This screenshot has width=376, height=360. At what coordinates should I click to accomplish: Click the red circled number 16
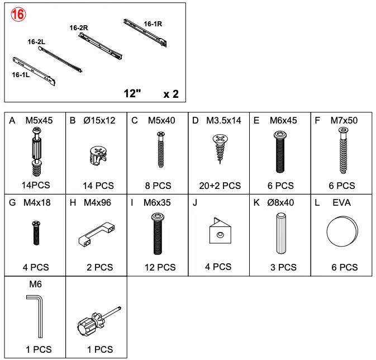[x=18, y=15]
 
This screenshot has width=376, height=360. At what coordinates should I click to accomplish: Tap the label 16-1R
[x=153, y=24]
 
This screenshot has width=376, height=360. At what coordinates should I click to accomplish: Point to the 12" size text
[x=132, y=93]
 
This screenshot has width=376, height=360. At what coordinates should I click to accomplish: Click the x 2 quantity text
[x=171, y=94]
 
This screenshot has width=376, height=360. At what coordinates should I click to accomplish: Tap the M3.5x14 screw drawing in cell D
[x=220, y=146]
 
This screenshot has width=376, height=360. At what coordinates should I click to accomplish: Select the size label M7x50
[x=344, y=120]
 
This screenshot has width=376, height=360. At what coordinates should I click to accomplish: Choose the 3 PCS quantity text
[x=283, y=268]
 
